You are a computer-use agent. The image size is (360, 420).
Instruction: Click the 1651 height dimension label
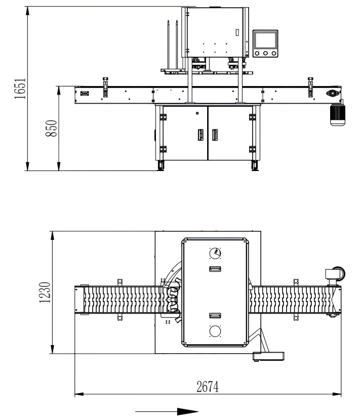(19, 89)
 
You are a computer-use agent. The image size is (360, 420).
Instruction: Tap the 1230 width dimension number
(45, 292)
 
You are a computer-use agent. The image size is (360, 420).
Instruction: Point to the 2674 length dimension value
(207, 387)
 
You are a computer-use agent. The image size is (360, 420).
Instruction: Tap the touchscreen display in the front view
(265, 39)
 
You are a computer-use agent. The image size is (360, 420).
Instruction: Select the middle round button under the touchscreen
(265, 53)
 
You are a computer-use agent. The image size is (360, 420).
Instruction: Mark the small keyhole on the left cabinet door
(197, 112)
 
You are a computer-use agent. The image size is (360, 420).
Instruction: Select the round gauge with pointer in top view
(215, 253)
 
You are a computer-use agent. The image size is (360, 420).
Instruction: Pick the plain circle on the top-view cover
(215, 331)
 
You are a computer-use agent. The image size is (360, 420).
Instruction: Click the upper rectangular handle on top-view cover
(215, 268)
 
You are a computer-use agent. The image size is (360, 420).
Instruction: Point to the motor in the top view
(334, 274)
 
